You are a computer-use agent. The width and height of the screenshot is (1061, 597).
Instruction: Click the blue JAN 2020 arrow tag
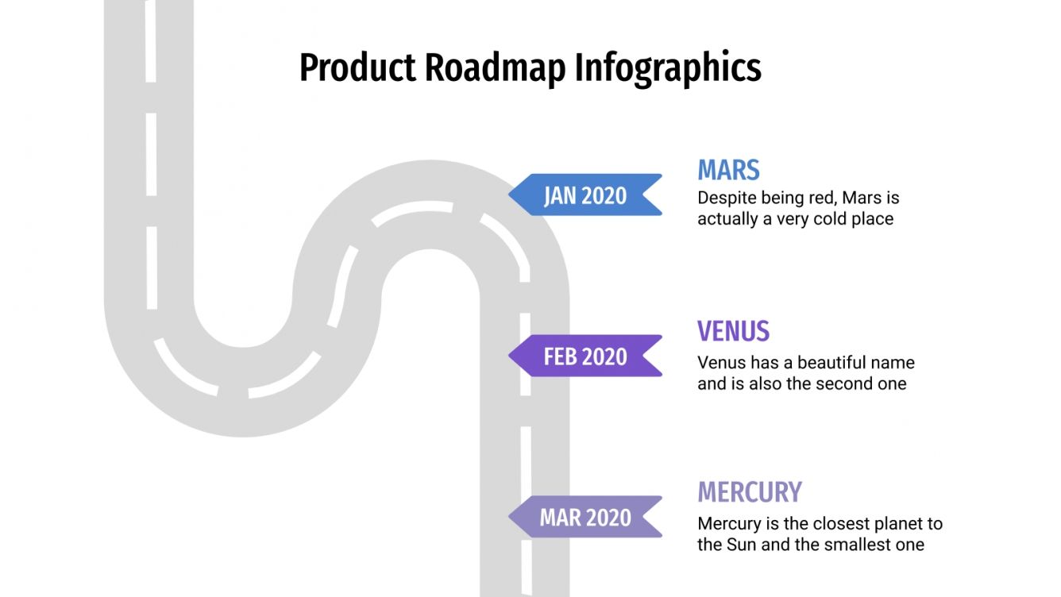[585, 195]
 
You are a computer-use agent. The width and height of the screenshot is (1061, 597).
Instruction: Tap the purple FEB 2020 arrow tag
[585, 356]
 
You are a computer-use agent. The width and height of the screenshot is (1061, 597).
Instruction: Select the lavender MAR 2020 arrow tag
[585, 518]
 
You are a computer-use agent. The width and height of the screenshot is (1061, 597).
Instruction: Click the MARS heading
[728, 170]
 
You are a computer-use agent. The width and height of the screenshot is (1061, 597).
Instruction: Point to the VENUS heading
[733, 331]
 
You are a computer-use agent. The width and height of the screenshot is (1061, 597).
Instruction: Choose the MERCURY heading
[749, 492]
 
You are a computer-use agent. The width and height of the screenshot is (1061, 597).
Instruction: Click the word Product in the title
[357, 67]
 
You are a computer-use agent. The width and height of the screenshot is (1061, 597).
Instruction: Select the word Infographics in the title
[668, 67]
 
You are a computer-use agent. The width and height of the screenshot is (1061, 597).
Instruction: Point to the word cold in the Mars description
[831, 218]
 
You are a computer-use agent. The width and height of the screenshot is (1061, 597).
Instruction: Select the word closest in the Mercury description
[828, 524]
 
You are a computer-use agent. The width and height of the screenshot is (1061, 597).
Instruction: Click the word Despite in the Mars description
[723, 197]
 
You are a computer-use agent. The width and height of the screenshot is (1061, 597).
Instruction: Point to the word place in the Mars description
[872, 218]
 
